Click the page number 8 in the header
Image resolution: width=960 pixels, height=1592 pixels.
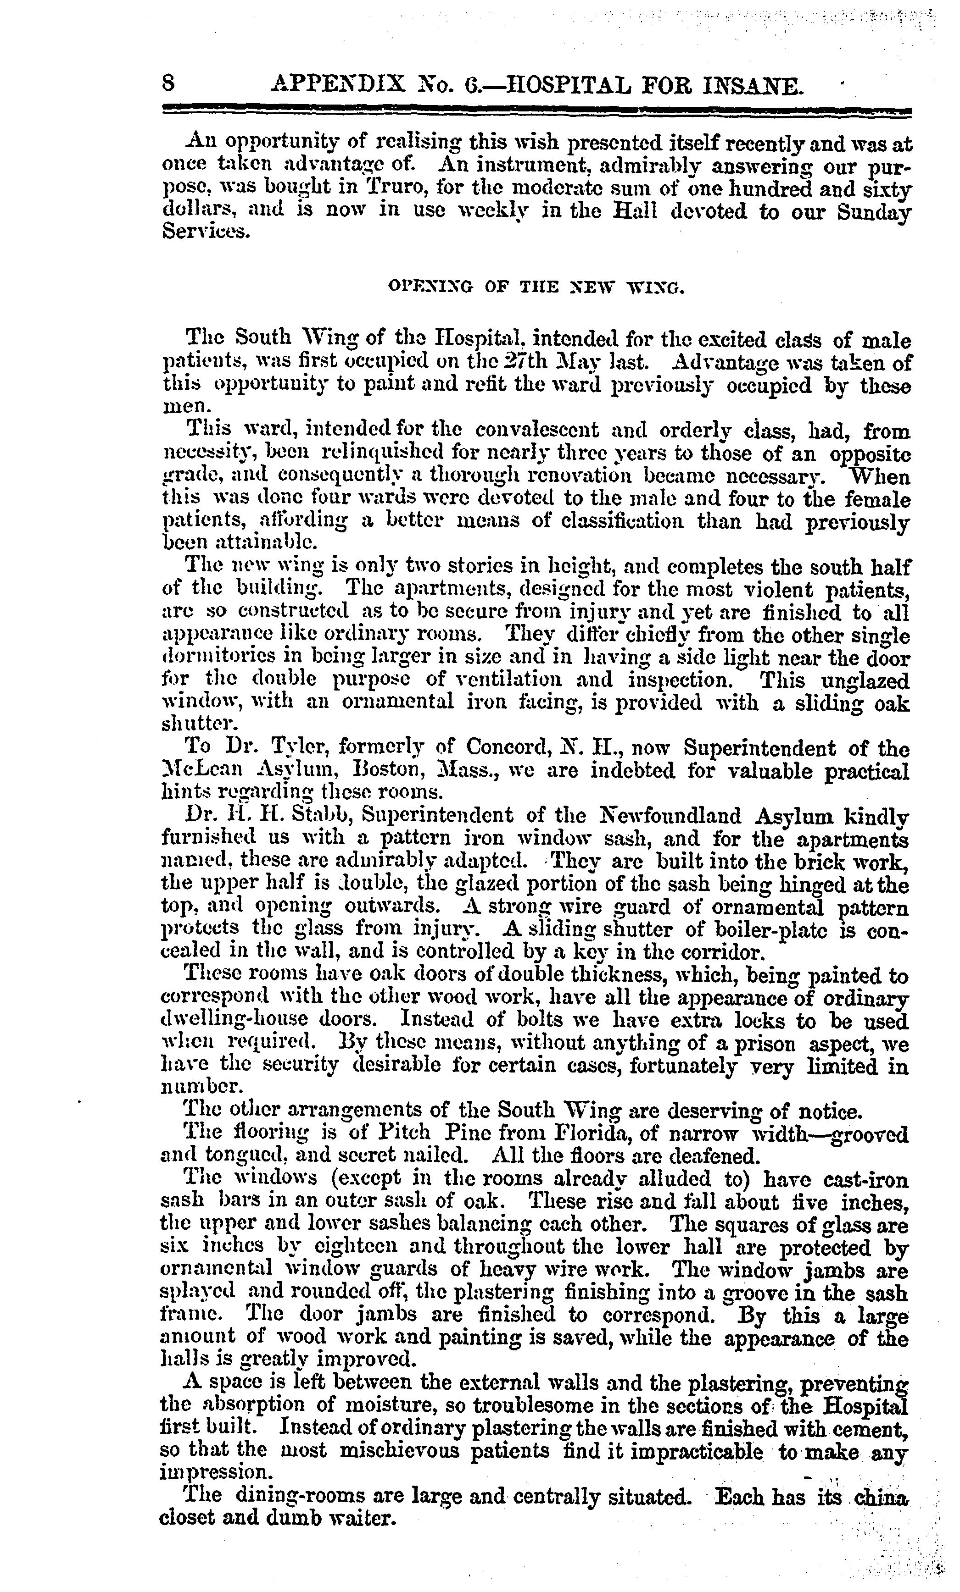pos(169,83)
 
